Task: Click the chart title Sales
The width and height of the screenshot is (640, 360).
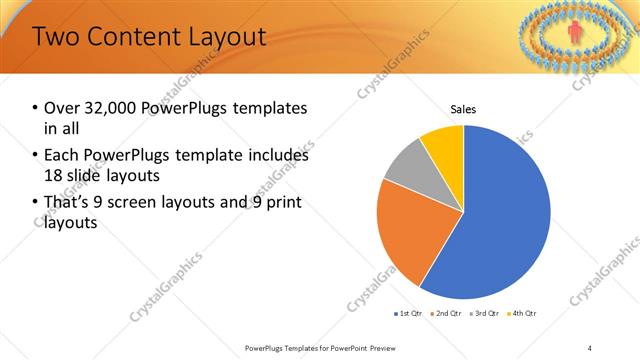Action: point(463,109)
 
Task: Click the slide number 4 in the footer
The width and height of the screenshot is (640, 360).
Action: point(589,348)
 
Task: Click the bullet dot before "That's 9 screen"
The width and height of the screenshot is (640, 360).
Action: point(36,204)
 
